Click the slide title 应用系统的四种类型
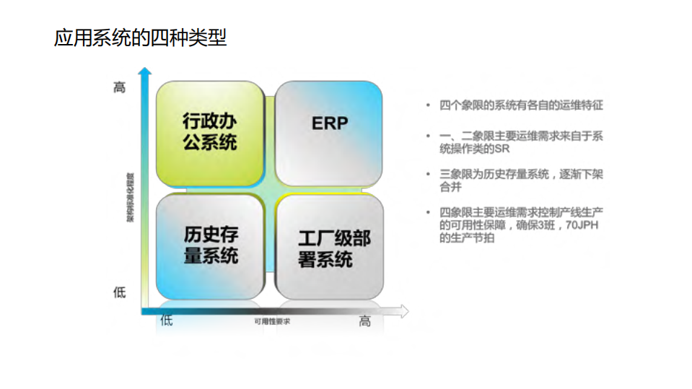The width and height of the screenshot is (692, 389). pyautogui.click(x=140, y=38)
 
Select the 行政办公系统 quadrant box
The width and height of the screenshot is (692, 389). pyautogui.click(x=209, y=133)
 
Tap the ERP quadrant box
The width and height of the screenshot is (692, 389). pyautogui.click(x=329, y=133)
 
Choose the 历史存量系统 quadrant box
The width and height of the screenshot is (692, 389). pyautogui.click(x=209, y=245)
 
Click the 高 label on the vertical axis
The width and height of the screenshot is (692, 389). pyautogui.click(x=120, y=88)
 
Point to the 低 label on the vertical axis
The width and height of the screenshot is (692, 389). pyautogui.click(x=120, y=292)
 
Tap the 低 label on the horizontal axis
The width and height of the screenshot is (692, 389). pyautogui.click(x=167, y=320)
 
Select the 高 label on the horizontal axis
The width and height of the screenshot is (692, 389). pyautogui.click(x=365, y=321)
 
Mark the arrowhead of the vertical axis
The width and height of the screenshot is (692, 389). pyautogui.click(x=145, y=72)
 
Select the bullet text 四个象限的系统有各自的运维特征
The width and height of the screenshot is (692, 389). pyautogui.click(x=521, y=105)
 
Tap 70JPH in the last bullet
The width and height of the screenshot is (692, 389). pyautogui.click(x=582, y=226)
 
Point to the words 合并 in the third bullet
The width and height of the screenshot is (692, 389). pyautogui.click(x=450, y=186)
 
